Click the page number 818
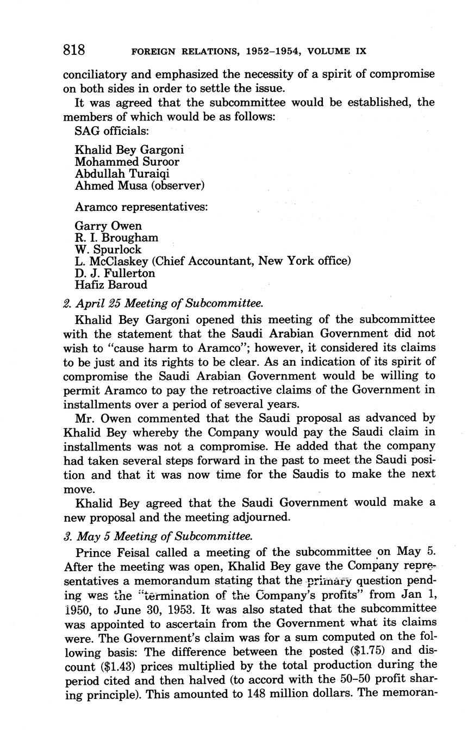pos(74,51)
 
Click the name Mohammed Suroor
pos(127,162)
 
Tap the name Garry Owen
pos(109,226)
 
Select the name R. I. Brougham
pos(117,237)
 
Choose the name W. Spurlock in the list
pos(108,249)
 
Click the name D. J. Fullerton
pos(115,273)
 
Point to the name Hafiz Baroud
pos(111,285)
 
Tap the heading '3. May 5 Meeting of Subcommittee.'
pos(158,536)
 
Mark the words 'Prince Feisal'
pos(110,553)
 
